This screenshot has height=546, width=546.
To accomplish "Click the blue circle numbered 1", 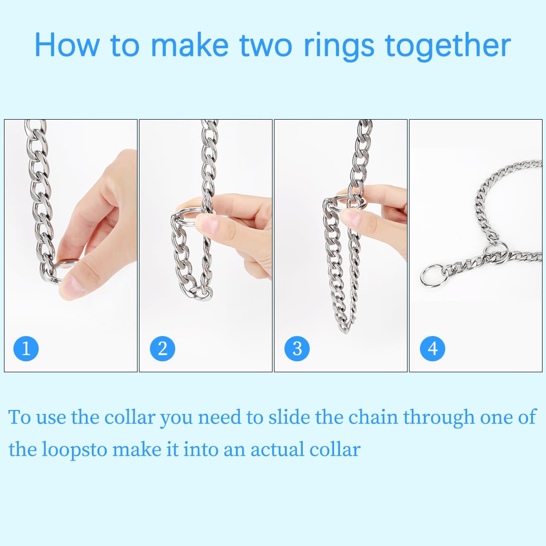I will pos(26,348).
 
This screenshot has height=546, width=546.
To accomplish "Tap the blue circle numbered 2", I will pos(162,348).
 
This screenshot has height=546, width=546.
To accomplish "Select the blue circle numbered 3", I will pos(297,348).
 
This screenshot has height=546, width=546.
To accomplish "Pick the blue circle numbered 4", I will pos(432,348).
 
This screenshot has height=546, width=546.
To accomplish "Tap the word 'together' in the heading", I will pos(448,46).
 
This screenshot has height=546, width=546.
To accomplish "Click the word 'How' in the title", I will pos(67,46).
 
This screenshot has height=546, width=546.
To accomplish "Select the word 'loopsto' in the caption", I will pos(74,450).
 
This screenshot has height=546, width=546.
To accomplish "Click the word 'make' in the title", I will pos(189,46).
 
